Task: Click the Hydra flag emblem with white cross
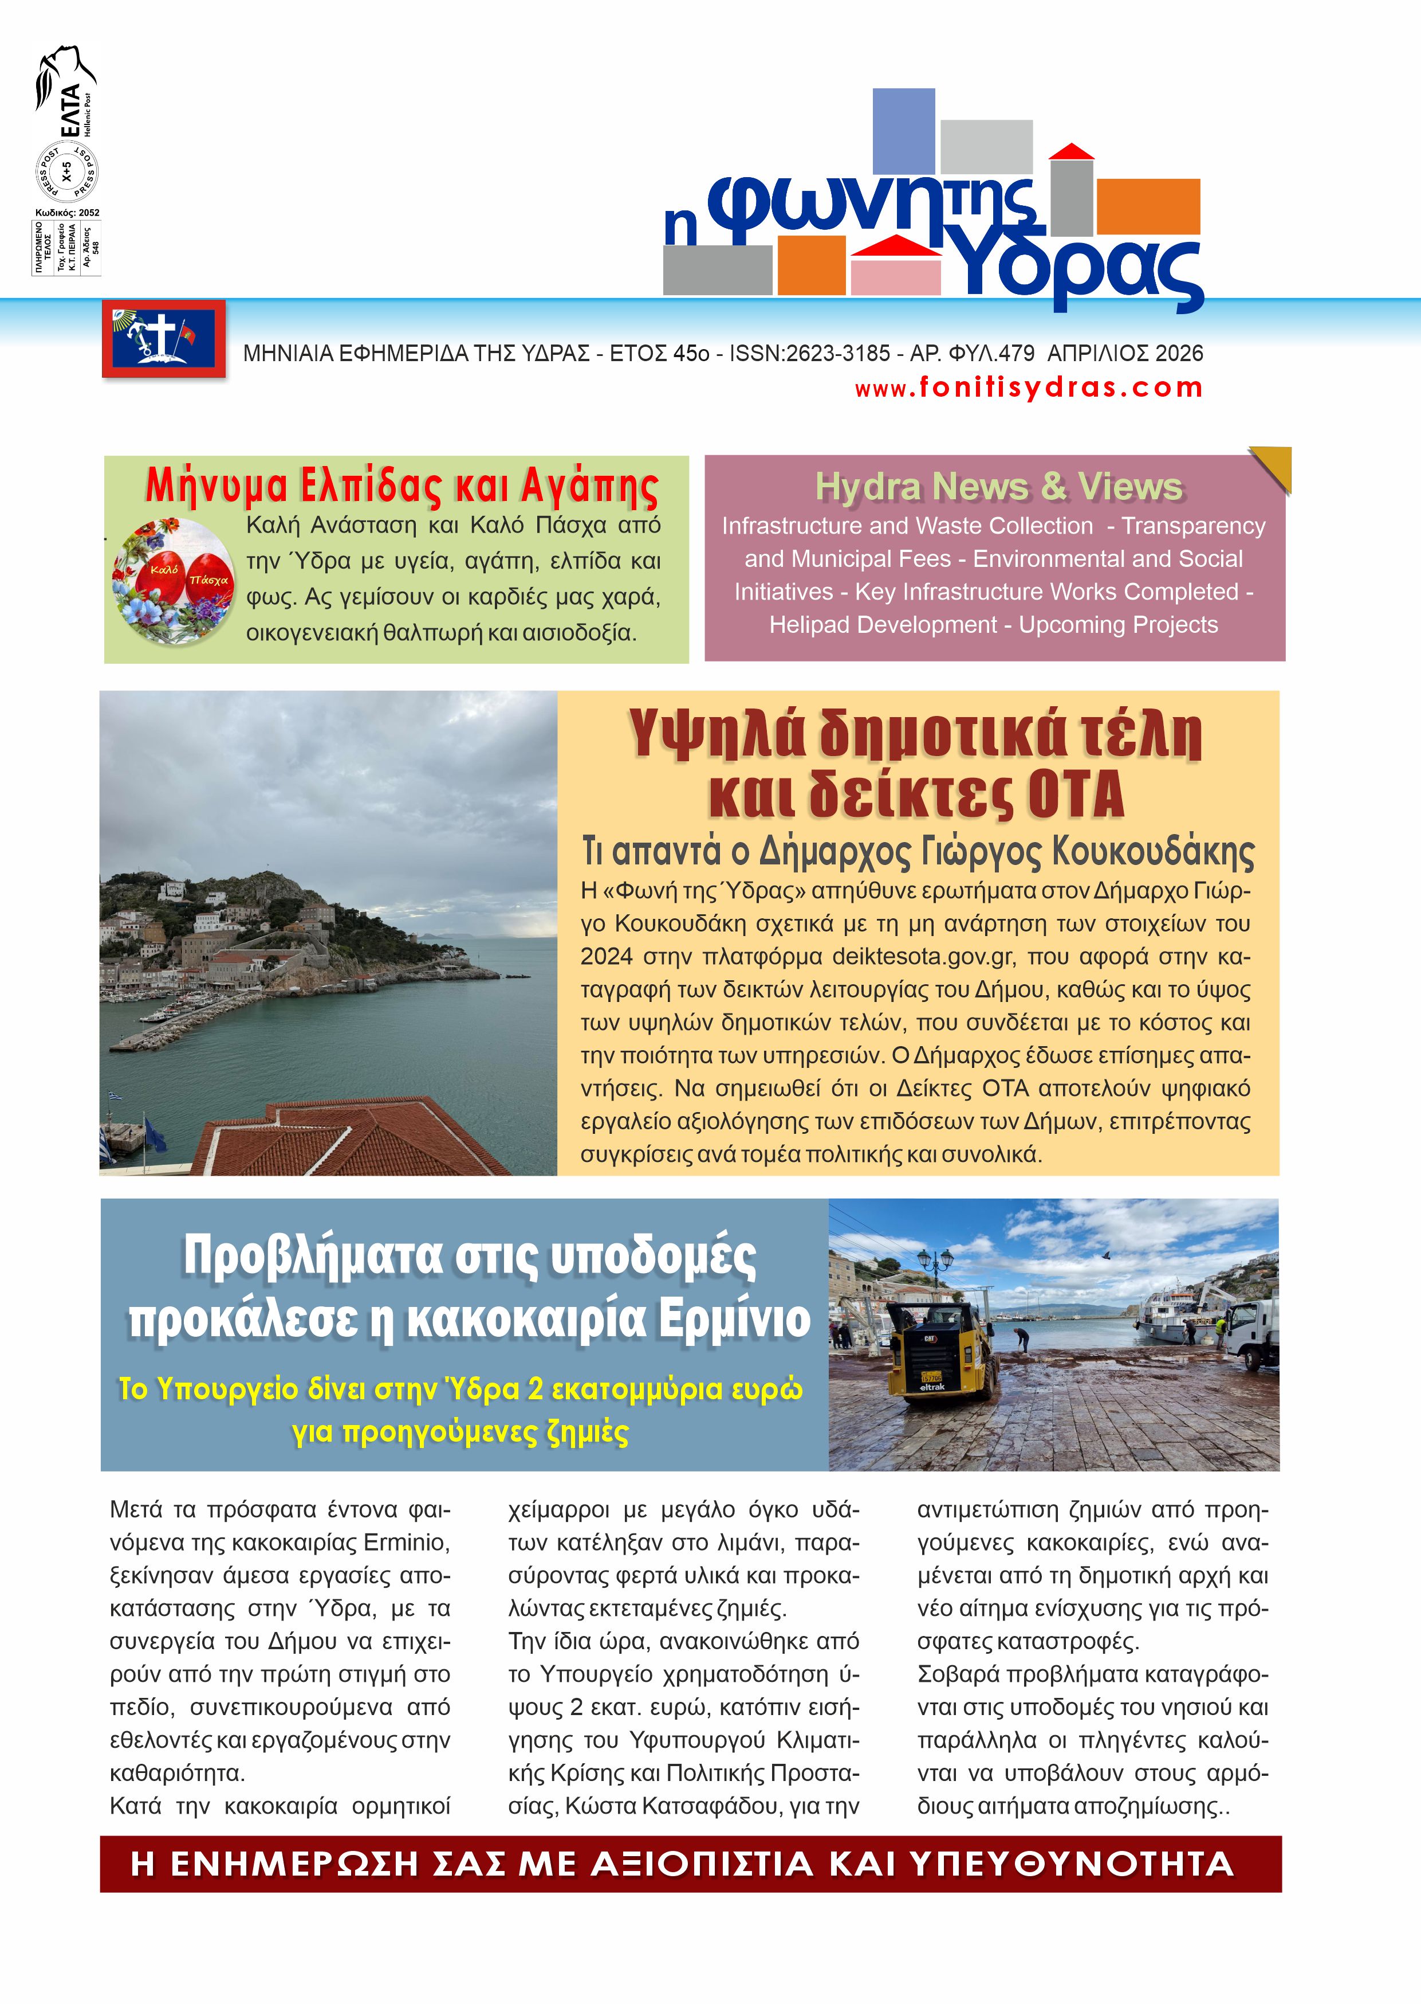coord(164,338)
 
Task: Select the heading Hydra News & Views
coord(998,487)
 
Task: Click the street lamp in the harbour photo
coord(935,1270)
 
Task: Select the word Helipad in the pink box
coord(812,625)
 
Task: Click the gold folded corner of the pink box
coord(1273,467)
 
